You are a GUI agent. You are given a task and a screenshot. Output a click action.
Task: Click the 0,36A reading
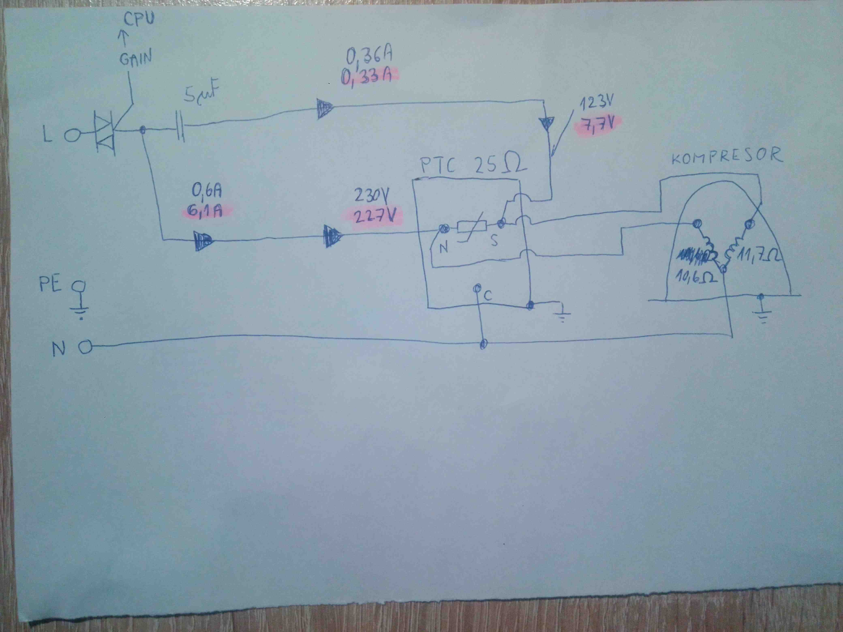pyautogui.click(x=369, y=56)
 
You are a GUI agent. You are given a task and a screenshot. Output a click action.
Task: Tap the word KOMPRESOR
pyautogui.click(x=726, y=155)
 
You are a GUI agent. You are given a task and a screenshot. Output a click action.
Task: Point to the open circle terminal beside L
pyautogui.click(x=72, y=135)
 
